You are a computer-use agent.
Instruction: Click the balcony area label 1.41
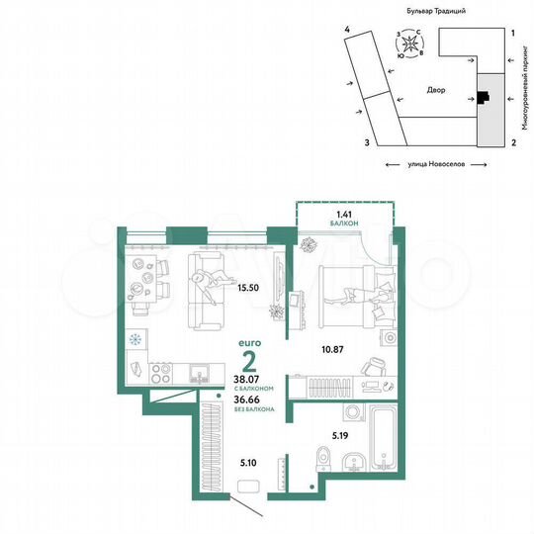pos(343,213)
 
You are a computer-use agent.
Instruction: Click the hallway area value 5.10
pos(248,461)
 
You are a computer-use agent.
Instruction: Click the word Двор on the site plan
pos(436,90)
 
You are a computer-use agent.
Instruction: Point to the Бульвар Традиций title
pos(436,9)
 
